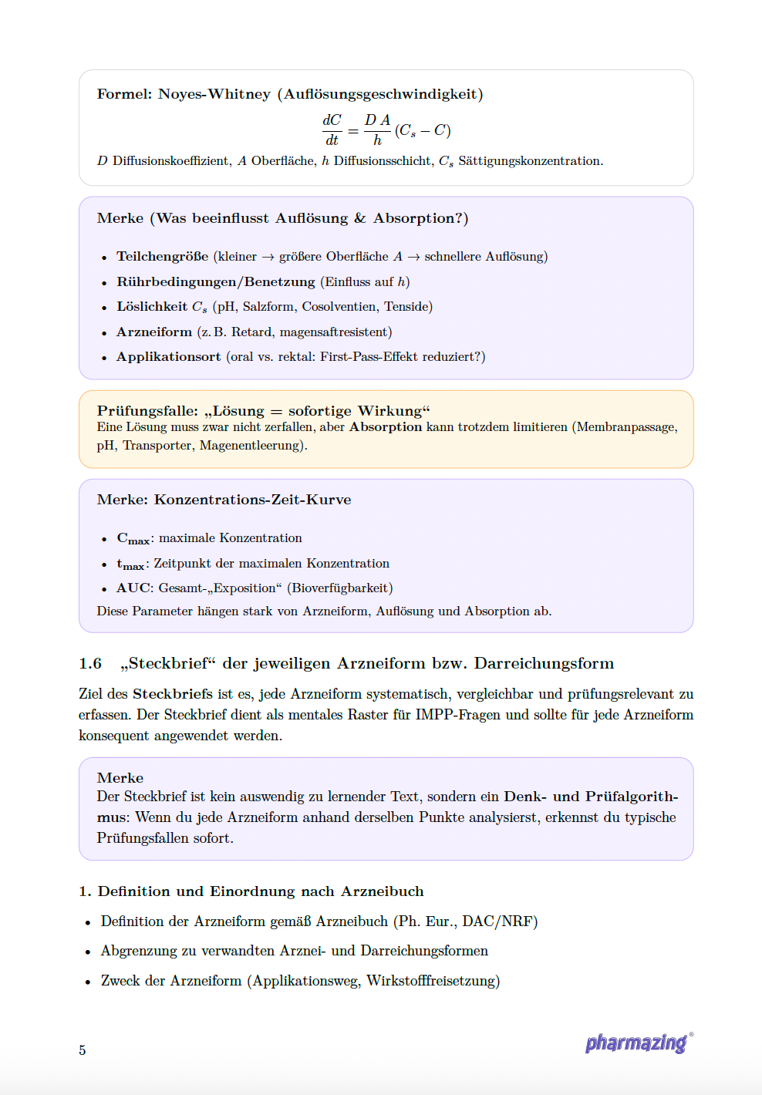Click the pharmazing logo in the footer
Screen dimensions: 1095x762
637,1043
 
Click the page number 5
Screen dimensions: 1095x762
83,1050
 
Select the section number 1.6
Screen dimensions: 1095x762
90,663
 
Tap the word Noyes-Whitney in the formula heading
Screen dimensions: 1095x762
214,94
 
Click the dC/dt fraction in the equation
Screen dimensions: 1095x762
332,130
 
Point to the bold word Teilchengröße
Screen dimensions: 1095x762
162,256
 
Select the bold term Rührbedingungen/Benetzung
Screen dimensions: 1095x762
215,281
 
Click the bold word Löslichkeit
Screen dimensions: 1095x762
152,306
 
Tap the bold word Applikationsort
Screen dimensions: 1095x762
168,356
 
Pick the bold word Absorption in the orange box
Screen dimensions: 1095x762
386,427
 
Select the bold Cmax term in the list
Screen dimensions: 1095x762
133,538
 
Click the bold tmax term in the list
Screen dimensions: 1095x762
131,564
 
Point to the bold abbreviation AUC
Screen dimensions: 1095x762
133,588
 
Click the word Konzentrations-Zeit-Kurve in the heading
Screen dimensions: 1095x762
252,500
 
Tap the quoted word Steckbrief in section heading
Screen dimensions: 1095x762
168,663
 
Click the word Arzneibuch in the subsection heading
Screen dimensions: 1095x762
382,891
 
